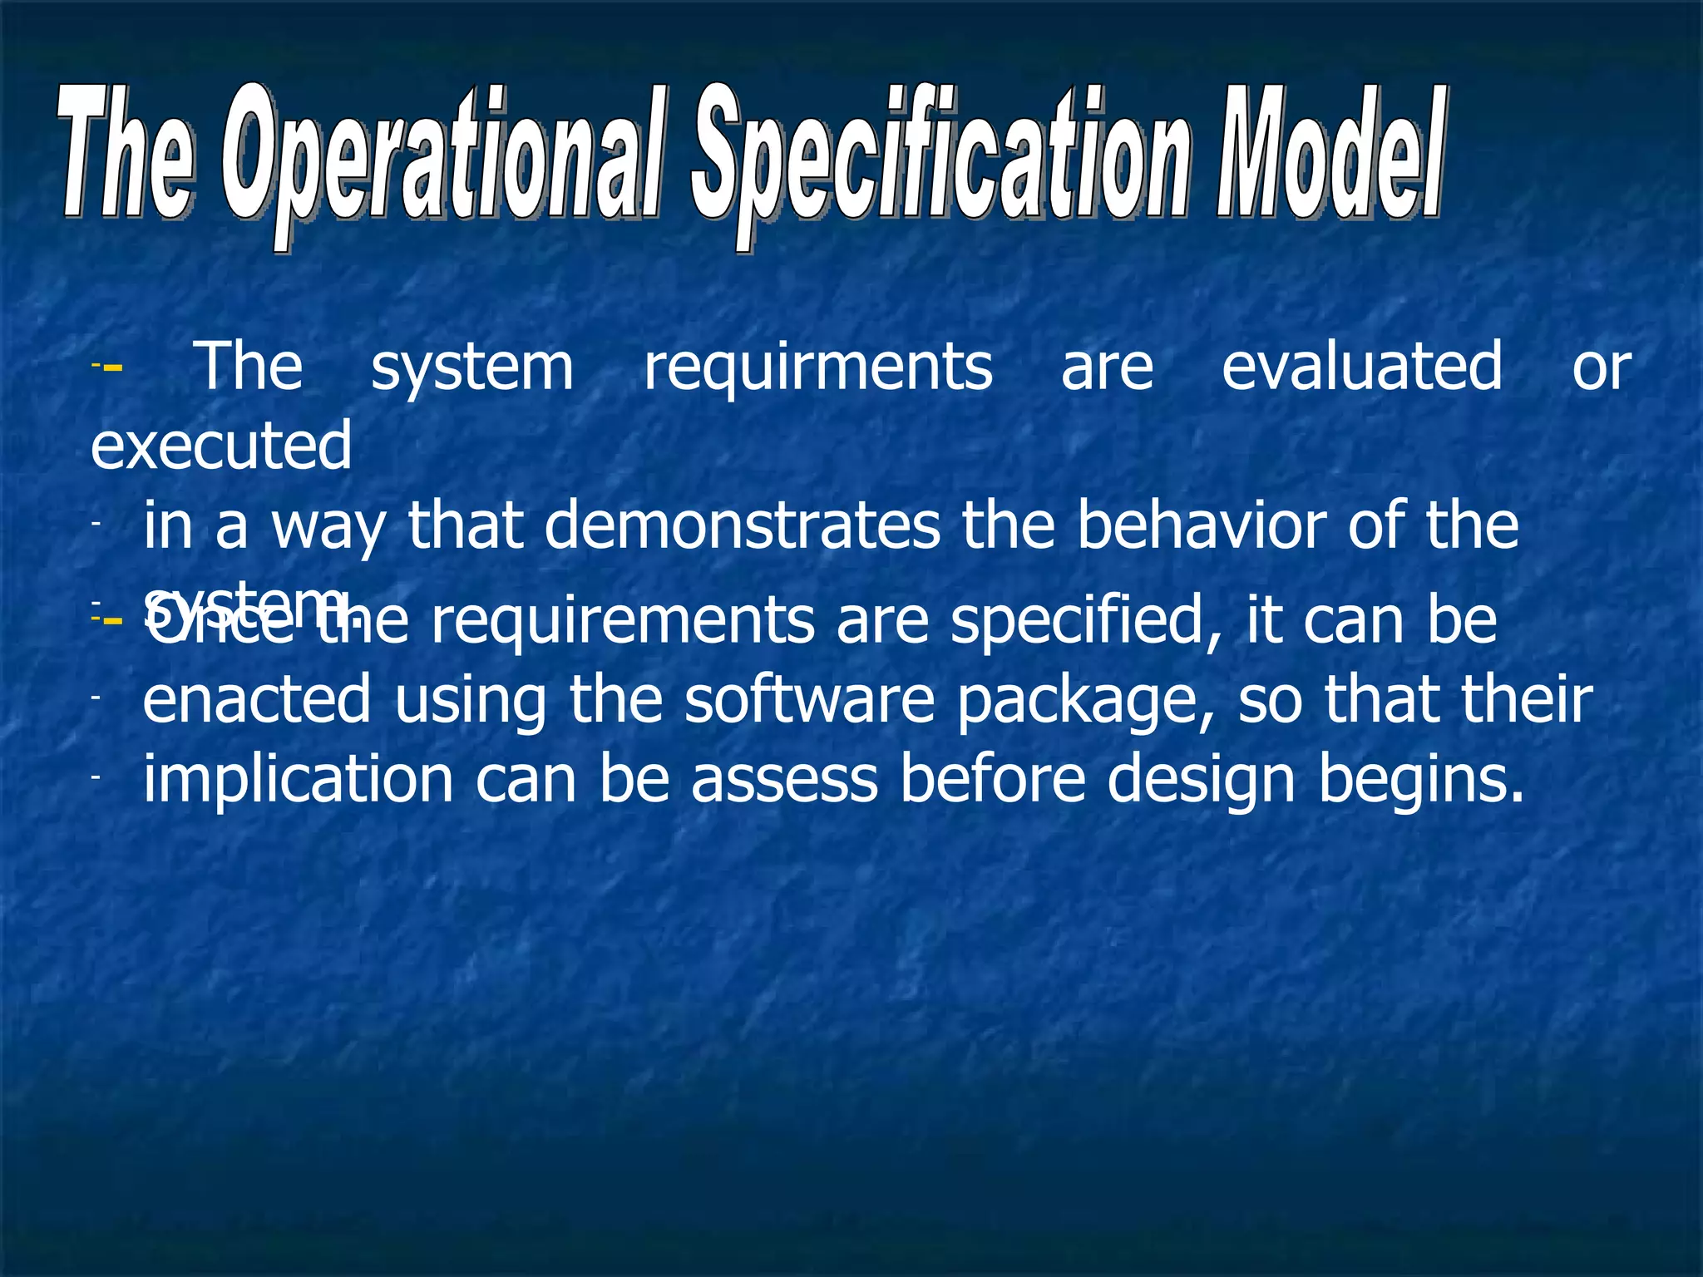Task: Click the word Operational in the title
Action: click(445, 158)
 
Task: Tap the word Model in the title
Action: click(1330, 154)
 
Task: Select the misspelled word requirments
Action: click(818, 367)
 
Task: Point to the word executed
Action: click(221, 446)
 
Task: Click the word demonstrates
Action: click(743, 525)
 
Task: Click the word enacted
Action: click(257, 699)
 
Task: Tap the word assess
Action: click(784, 780)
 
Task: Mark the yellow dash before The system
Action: click(113, 367)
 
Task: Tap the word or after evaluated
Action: click(1602, 367)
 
